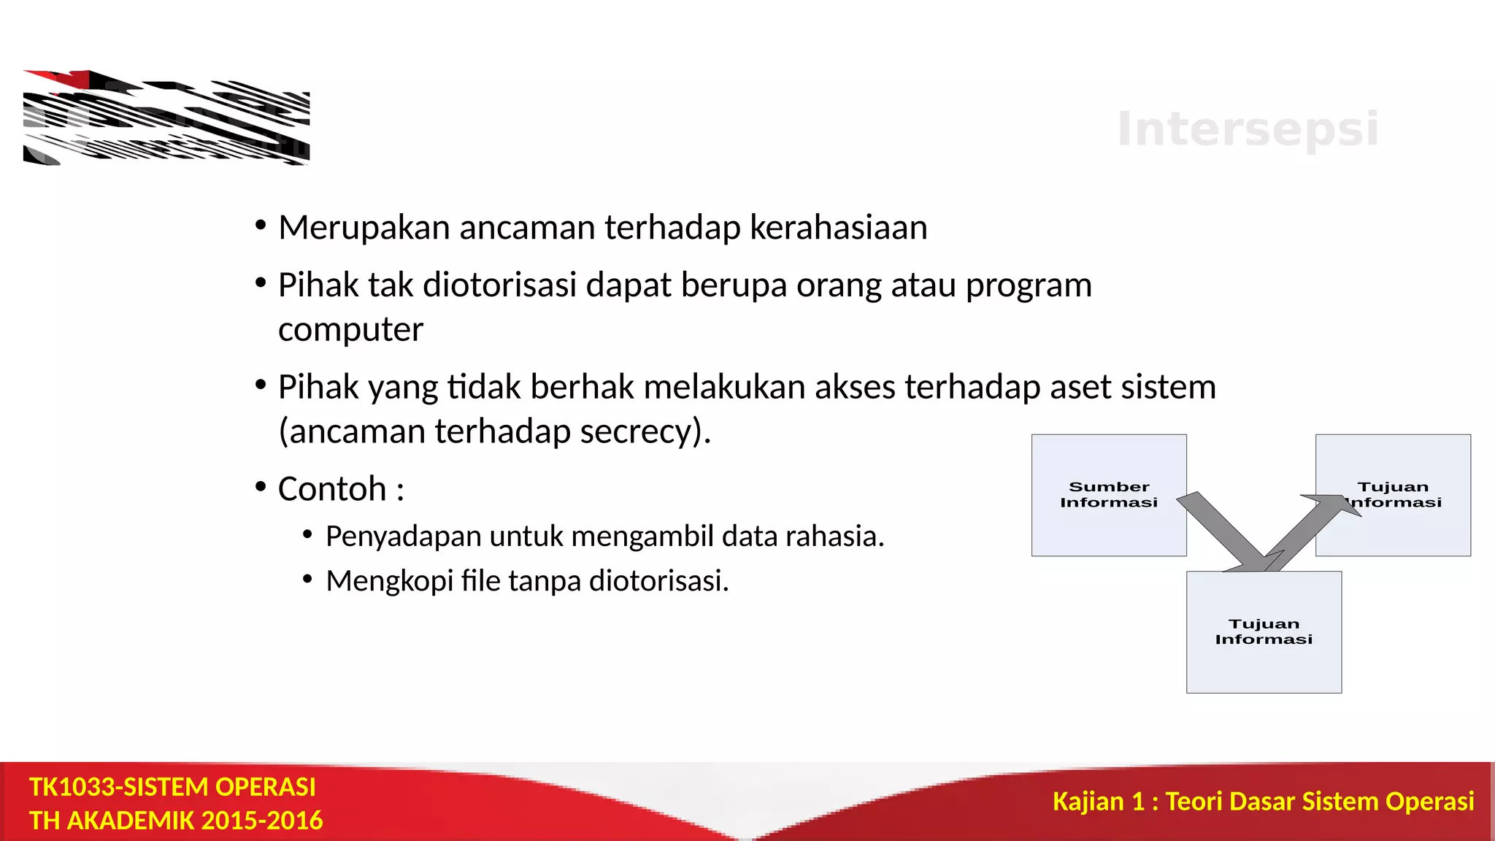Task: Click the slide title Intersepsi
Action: pos(1248,129)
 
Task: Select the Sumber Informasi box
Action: pos(1108,494)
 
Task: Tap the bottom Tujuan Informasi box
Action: pos(1264,632)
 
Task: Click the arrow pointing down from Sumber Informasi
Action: pos(1226,533)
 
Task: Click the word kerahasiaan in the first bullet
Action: pos(838,227)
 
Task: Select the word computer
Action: pos(350,329)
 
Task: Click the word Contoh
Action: pos(332,488)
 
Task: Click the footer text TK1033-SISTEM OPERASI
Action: pos(172,787)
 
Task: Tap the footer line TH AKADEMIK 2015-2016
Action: pos(176,821)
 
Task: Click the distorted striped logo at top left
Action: pos(166,118)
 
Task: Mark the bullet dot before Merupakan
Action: pos(261,226)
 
